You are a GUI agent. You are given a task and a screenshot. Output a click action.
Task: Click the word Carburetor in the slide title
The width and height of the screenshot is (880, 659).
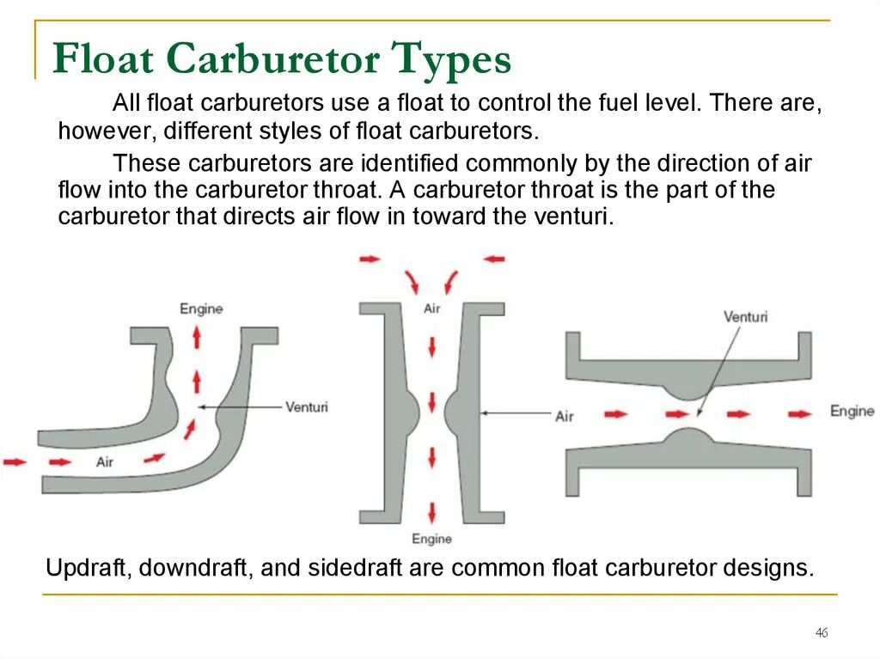click(272, 60)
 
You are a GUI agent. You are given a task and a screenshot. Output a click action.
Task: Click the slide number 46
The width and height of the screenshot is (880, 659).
click(821, 633)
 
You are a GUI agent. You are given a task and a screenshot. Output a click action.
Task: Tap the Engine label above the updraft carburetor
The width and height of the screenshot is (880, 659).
click(201, 308)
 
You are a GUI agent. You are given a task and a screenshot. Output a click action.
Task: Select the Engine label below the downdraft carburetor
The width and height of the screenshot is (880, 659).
click(431, 539)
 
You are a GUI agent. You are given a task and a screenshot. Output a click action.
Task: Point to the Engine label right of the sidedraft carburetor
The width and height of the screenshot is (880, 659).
click(852, 412)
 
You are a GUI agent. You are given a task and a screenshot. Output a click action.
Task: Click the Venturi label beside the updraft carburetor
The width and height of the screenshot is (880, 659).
click(306, 406)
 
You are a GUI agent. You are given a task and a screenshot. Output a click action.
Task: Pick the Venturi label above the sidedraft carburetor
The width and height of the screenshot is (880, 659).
click(745, 316)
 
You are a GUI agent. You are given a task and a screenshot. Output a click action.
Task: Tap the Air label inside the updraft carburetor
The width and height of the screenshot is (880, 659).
click(105, 462)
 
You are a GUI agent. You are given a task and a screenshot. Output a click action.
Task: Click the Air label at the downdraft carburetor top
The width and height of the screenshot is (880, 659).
click(431, 308)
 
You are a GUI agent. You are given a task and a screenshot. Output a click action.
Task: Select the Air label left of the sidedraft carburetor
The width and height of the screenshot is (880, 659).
click(564, 417)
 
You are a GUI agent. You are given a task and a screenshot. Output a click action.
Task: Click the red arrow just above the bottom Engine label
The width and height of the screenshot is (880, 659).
click(431, 512)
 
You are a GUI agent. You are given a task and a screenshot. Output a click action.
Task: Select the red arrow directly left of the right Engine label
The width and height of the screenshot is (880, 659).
click(799, 413)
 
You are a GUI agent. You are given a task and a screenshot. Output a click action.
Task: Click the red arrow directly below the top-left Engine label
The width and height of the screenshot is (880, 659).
click(197, 338)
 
